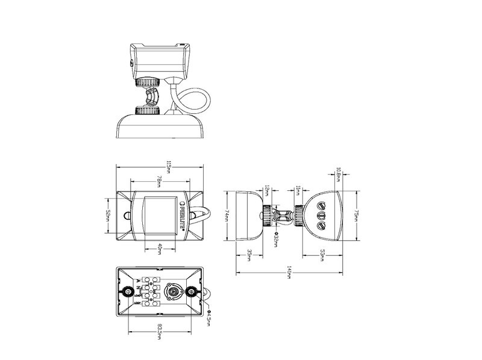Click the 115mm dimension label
coord(161,167)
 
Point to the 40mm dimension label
coord(160,247)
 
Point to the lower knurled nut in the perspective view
coord(147,110)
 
